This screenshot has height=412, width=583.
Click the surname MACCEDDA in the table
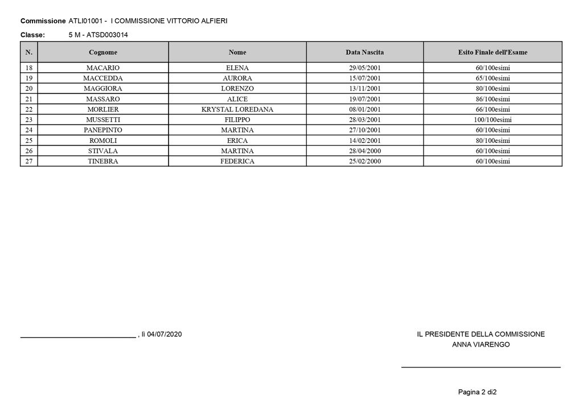(x=102, y=78)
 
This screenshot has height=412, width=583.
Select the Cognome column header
(x=102, y=52)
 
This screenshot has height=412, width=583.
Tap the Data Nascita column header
(x=364, y=52)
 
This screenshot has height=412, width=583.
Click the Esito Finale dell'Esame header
(x=492, y=52)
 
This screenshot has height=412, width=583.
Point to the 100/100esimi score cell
(x=492, y=120)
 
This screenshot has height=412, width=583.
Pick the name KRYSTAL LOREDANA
(x=237, y=109)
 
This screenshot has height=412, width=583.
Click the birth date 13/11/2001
(x=364, y=88)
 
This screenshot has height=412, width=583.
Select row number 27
(x=29, y=161)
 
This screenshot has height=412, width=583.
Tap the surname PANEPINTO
(x=102, y=130)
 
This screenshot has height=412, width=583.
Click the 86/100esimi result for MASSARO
(x=492, y=99)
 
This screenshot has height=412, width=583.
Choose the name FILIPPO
(x=237, y=120)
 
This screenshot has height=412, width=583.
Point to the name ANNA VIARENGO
(x=481, y=345)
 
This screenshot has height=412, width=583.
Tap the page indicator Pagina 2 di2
(x=477, y=392)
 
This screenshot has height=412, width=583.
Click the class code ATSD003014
(x=107, y=35)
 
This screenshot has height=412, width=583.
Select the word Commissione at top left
(x=43, y=21)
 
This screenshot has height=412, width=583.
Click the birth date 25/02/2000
(x=364, y=161)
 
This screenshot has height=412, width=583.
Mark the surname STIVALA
(x=102, y=151)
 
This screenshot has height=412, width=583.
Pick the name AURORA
(x=237, y=78)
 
